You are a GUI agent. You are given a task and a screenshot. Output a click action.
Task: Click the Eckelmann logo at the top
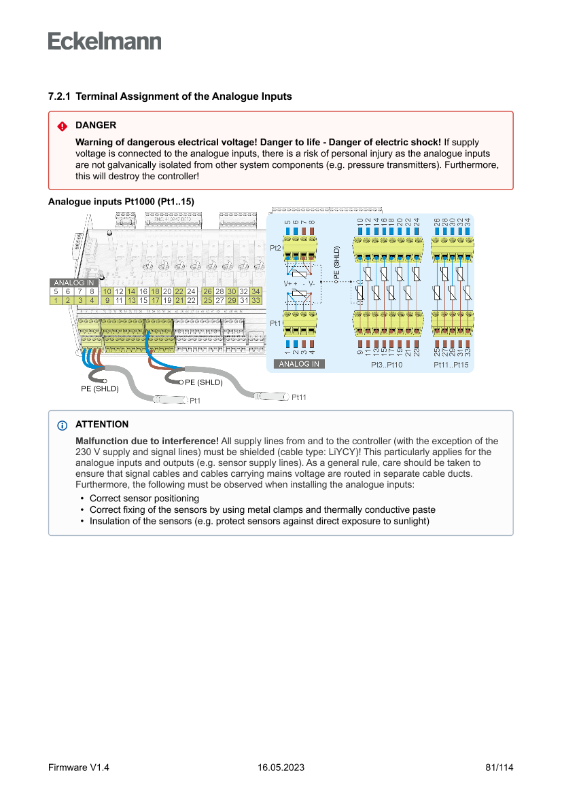tap(105, 41)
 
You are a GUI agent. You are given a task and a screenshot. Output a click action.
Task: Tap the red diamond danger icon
tap(62, 126)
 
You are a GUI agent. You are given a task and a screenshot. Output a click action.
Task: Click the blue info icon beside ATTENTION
tap(62, 426)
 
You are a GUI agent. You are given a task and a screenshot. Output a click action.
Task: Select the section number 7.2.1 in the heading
tap(60, 96)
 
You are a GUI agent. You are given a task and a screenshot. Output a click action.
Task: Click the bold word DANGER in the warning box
tap(96, 126)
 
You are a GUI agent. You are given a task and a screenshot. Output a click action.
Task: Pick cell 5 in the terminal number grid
tap(56, 291)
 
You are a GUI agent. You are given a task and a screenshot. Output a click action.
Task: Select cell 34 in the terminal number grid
tap(256, 291)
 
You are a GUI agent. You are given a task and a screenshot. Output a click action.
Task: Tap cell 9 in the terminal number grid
tap(107, 300)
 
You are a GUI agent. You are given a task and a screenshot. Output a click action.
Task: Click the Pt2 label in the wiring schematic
tap(275, 249)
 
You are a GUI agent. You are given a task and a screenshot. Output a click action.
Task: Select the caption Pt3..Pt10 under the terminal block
tap(387, 365)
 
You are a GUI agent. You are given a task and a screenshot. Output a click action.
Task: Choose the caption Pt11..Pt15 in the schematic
tap(451, 365)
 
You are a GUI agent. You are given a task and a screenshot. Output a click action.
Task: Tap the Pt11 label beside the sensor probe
tap(299, 397)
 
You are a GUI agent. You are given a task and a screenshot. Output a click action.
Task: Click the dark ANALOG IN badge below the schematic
tap(299, 364)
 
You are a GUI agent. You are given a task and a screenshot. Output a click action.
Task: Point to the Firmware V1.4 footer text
tap(79, 768)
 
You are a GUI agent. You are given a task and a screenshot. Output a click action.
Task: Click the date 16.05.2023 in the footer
tap(281, 768)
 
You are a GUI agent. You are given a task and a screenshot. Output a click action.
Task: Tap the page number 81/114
tap(499, 768)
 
